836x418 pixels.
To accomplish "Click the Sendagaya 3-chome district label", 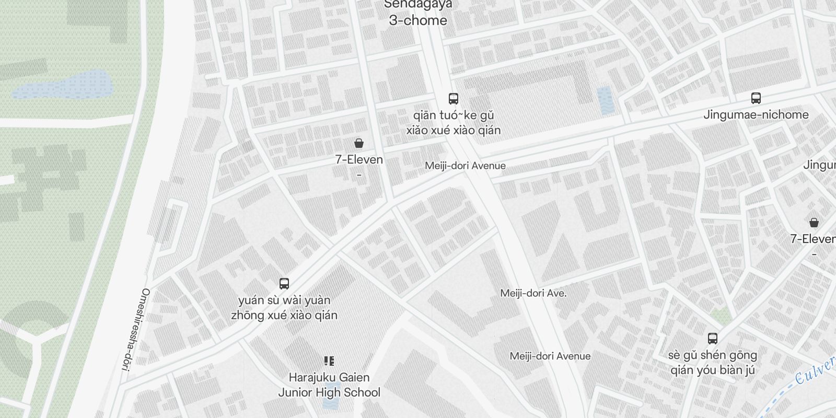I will (418, 14).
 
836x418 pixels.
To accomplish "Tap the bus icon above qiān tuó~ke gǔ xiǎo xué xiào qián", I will (454, 99).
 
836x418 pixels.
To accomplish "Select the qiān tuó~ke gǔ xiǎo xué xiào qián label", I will (454, 123).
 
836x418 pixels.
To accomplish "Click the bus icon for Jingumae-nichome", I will (756, 98).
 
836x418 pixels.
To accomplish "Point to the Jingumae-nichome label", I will (756, 115).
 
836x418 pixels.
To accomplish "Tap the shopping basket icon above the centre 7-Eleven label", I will (359, 143).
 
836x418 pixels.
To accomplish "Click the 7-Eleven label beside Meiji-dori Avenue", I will (359, 160).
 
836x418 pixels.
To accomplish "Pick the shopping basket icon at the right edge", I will (814, 223).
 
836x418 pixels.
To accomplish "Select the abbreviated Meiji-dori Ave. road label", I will (533, 293).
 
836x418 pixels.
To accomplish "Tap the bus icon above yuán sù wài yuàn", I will (284, 284).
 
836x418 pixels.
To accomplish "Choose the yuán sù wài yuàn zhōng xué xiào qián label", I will (284, 308).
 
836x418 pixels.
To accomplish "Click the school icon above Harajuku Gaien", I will (329, 361).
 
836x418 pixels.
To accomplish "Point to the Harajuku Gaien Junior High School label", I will (329, 385).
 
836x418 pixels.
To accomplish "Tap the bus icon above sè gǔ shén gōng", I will (713, 338).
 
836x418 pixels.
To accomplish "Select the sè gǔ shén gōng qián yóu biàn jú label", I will (713, 363).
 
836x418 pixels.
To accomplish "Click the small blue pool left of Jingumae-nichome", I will (605, 100).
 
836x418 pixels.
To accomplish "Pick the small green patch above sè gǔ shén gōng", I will (722, 315).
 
